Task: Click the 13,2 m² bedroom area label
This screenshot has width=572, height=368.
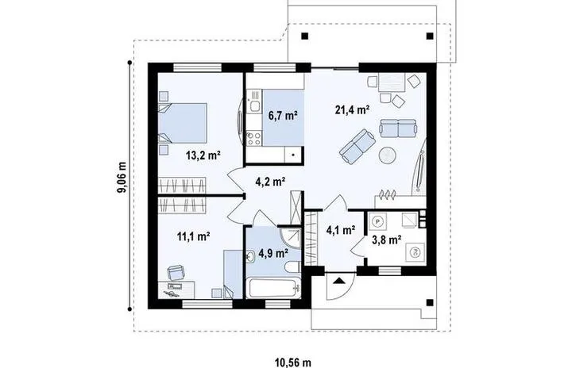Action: pyautogui.click(x=202, y=155)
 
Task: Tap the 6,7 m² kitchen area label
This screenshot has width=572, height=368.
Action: pyautogui.click(x=283, y=116)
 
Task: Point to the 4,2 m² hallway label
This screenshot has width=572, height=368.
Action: pyautogui.click(x=270, y=182)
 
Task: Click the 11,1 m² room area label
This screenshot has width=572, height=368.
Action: pyautogui.click(x=193, y=236)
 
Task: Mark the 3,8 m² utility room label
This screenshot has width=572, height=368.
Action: pyautogui.click(x=386, y=236)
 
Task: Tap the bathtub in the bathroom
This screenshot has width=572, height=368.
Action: pyautogui.click(x=273, y=287)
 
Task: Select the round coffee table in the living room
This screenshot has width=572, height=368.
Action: pyautogui.click(x=388, y=155)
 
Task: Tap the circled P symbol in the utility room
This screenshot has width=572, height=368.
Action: pyautogui.click(x=379, y=221)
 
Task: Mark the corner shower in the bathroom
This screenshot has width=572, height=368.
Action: pyautogui.click(x=291, y=235)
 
